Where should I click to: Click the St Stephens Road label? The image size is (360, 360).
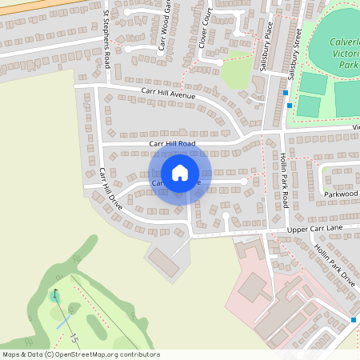[x=106, y=40]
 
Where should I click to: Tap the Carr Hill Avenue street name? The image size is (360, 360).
[x=168, y=94]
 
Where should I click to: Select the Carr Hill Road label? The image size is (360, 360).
[x=172, y=143]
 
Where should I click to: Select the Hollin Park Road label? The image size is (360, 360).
[x=284, y=179]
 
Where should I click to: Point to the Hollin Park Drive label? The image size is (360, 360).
[x=334, y=265]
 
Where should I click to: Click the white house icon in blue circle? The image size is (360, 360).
[x=180, y=172]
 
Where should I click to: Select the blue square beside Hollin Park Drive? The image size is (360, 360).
[x=353, y=320]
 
